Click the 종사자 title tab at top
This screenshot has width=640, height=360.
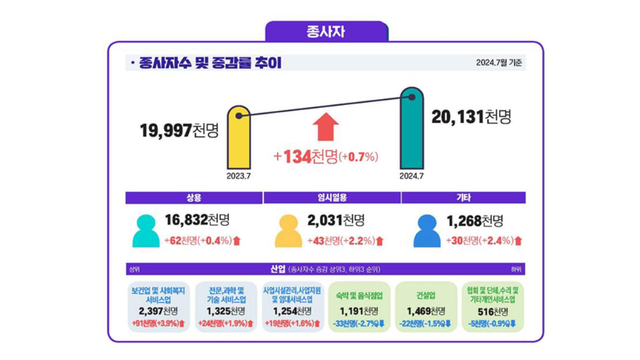click(326, 31)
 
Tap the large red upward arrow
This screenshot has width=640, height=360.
click(325, 126)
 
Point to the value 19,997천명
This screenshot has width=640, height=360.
click(179, 130)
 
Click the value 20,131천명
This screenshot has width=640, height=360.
click(471, 117)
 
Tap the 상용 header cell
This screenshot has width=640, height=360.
click(194, 198)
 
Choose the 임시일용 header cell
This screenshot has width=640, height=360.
click(332, 198)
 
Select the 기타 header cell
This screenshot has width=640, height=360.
click(463, 198)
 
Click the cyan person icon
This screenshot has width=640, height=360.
click(146, 231)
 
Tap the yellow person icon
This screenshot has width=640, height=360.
click(287, 231)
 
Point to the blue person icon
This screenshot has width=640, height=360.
click(427, 231)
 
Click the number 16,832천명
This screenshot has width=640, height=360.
click(197, 220)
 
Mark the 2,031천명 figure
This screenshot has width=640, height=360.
click(336, 220)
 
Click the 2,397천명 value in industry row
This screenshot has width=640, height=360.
click(158, 311)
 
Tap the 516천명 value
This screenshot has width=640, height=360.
click(493, 311)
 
